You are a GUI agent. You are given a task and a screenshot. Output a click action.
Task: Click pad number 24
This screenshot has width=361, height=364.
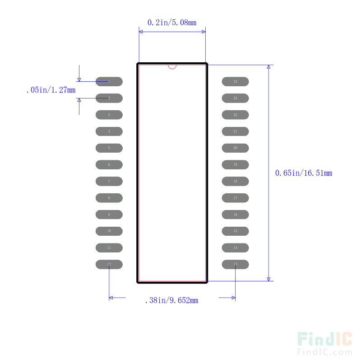(x=235, y=81)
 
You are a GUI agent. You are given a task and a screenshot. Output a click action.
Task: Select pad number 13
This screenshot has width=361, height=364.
(x=235, y=264)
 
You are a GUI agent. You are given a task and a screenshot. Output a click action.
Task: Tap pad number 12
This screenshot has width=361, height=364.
(x=109, y=264)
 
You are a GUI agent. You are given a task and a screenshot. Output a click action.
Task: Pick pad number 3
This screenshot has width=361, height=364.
(x=109, y=115)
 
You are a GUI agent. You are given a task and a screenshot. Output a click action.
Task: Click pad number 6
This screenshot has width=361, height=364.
(x=109, y=164)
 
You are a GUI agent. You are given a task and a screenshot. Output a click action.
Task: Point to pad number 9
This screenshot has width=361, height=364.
(x=109, y=215)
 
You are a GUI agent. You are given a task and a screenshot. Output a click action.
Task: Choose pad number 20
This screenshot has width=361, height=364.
(x=235, y=148)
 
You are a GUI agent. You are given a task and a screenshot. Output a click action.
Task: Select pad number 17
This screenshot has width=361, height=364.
(x=235, y=198)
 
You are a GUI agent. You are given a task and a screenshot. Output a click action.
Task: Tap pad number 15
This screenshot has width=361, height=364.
(x=235, y=231)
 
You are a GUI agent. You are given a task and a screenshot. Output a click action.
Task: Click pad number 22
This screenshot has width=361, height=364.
(x=235, y=115)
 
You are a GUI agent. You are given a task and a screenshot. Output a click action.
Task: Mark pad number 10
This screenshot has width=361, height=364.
(x=109, y=231)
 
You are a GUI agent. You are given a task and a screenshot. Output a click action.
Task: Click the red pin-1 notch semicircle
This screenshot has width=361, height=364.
(x=172, y=67)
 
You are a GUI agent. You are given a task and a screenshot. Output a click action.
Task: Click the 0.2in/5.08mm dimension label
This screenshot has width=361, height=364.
(x=172, y=22)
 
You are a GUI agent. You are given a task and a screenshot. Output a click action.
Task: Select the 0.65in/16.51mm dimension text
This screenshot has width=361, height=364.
(x=304, y=173)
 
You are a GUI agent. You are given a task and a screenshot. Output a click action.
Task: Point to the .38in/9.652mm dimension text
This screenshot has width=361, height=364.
(x=171, y=300)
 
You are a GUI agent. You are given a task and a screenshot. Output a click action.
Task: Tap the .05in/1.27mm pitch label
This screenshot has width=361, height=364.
(x=51, y=90)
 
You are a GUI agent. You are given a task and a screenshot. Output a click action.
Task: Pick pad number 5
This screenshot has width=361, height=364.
(x=109, y=148)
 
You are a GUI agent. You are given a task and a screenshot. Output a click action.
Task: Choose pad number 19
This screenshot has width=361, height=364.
(x=235, y=164)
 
